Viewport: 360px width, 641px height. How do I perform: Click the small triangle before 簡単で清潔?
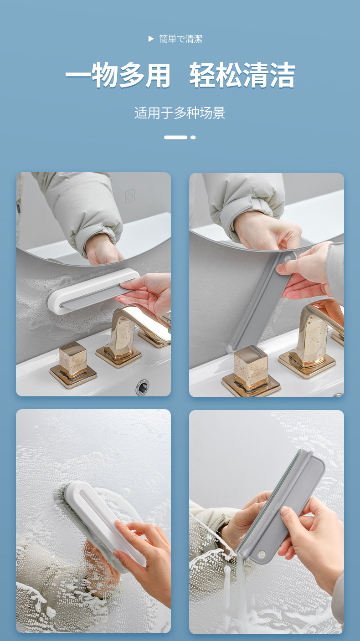click(x=151, y=39)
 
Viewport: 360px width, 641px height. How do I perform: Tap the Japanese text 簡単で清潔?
click(x=180, y=39)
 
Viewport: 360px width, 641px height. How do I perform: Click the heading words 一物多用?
click(x=118, y=75)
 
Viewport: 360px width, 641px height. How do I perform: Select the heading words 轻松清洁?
click(x=242, y=75)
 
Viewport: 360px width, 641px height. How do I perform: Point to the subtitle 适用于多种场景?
click(x=180, y=113)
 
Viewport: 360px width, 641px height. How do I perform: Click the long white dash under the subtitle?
click(x=175, y=138)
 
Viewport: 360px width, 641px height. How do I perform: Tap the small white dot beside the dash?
click(x=193, y=138)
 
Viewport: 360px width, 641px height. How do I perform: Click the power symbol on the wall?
click(x=130, y=196)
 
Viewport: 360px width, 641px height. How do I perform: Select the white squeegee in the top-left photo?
click(x=93, y=291)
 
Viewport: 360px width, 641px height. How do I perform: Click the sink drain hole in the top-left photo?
click(x=142, y=387)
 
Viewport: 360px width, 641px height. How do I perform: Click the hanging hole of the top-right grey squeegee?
click(x=287, y=259)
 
